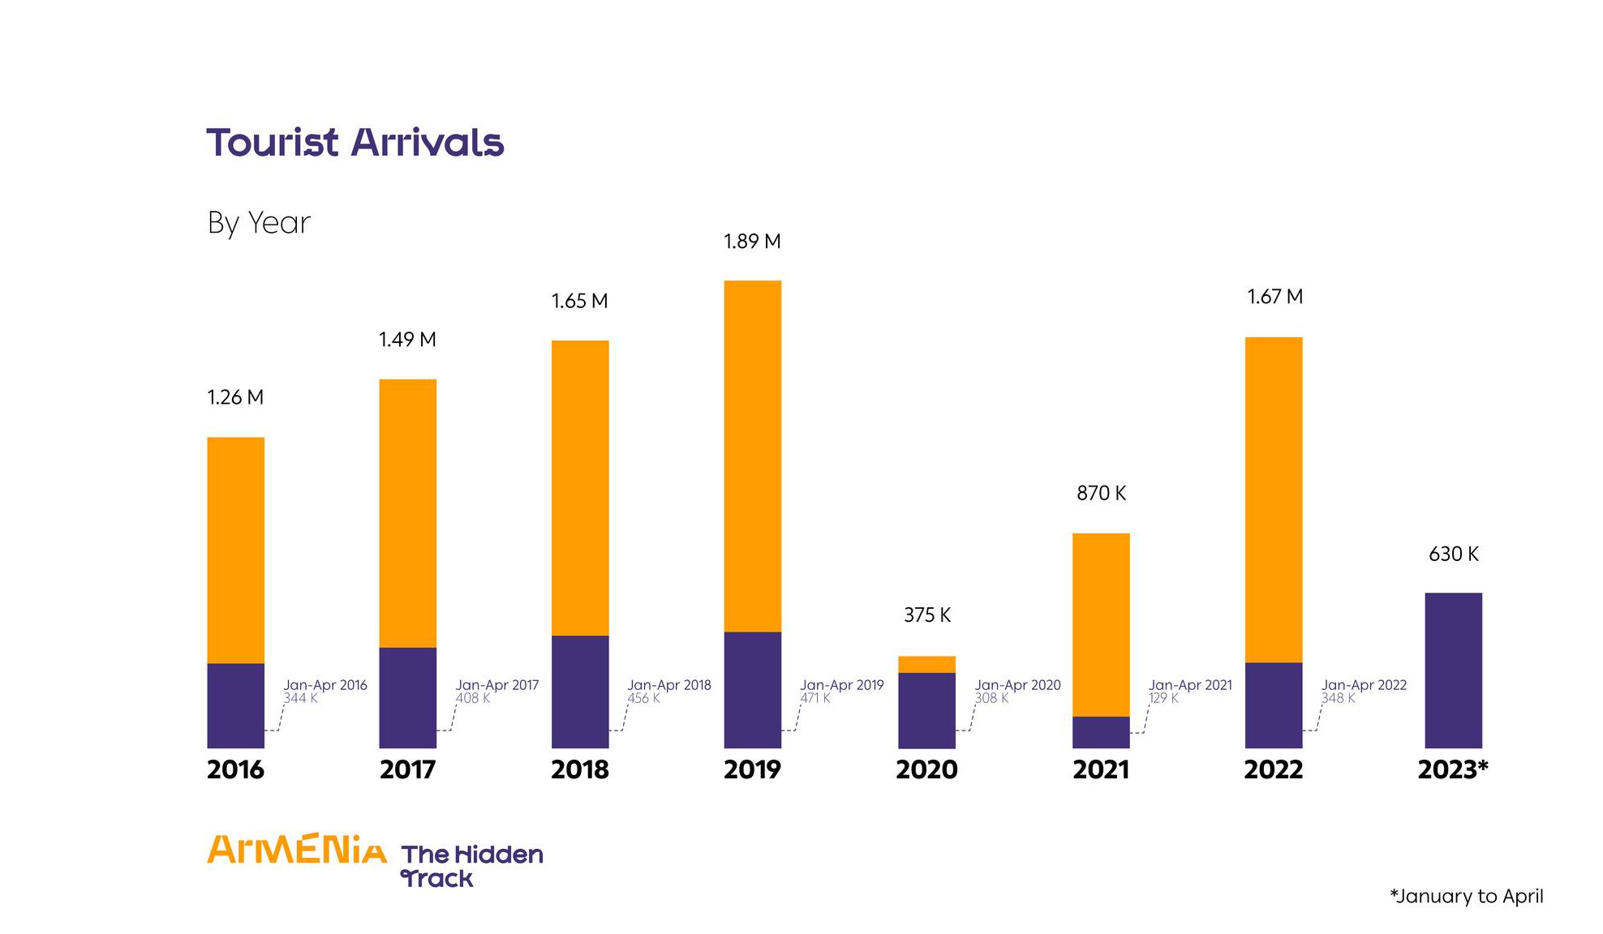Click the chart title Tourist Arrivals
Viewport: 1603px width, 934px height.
pos(355,143)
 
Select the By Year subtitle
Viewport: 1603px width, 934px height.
pos(259,223)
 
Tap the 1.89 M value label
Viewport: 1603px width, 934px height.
pos(752,242)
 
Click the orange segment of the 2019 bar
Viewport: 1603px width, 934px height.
pos(752,454)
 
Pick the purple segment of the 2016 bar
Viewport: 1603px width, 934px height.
pos(235,705)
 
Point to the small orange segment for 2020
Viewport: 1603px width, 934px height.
pos(926,664)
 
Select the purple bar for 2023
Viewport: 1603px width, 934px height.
pos(1453,670)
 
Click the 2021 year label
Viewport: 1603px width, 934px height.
pos(1101,769)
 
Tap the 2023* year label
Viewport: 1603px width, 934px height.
pos(1452,769)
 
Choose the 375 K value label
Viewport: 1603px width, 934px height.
pos(926,615)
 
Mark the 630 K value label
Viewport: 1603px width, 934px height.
pos(1453,555)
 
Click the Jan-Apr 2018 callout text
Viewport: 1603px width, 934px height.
pos(668,685)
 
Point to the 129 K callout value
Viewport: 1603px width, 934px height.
pos(1162,698)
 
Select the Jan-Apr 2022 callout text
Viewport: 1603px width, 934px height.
pos(1364,685)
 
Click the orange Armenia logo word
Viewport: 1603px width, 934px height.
pos(297,850)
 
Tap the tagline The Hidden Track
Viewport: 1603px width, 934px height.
pos(471,866)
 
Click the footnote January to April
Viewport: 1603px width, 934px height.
pos(1466,897)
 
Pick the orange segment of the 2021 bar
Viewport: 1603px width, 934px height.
pos(1101,624)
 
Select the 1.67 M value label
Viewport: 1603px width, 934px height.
pos(1274,297)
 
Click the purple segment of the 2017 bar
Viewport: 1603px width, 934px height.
pos(407,697)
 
